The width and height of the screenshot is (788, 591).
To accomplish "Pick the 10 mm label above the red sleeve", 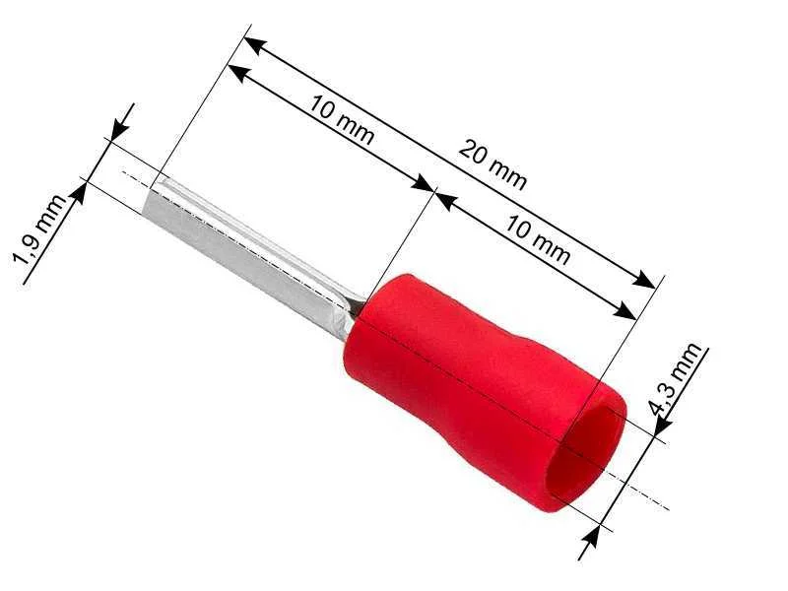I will point(537,240).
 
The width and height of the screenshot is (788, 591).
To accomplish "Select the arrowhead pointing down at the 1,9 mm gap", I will point(119,129).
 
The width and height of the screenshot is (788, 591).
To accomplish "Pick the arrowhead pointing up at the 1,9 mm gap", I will point(79,189).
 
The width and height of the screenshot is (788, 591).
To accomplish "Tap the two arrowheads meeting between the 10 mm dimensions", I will point(434,192).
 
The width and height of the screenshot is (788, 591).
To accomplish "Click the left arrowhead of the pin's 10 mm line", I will point(237,72).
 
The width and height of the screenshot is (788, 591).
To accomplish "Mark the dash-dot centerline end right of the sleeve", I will point(665,508).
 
